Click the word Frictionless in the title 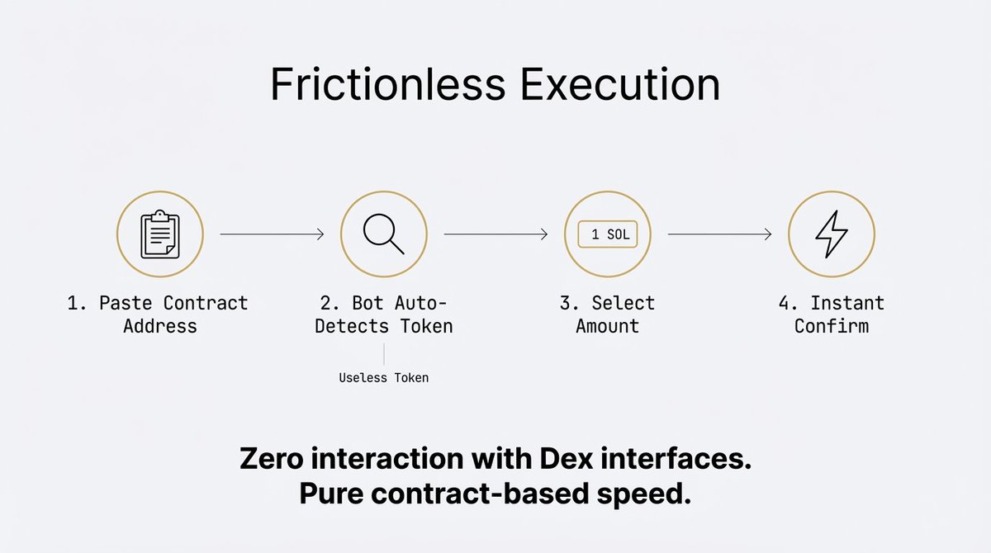pyautogui.click(x=384, y=85)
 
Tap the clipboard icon pyautogui.click(x=160, y=234)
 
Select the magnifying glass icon pyautogui.click(x=384, y=234)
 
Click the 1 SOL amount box pyautogui.click(x=608, y=234)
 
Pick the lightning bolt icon pyautogui.click(x=831, y=234)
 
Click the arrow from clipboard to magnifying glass pyautogui.click(x=272, y=235)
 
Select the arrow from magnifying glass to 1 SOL pyautogui.click(x=495, y=235)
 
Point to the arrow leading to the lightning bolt pyautogui.click(x=719, y=235)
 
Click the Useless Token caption pyautogui.click(x=384, y=378)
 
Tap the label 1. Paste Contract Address pyautogui.click(x=158, y=314)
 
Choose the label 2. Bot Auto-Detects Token pyautogui.click(x=384, y=314)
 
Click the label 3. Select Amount pyautogui.click(x=607, y=314)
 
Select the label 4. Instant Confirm pyautogui.click(x=831, y=314)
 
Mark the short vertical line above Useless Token pyautogui.click(x=384, y=355)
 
